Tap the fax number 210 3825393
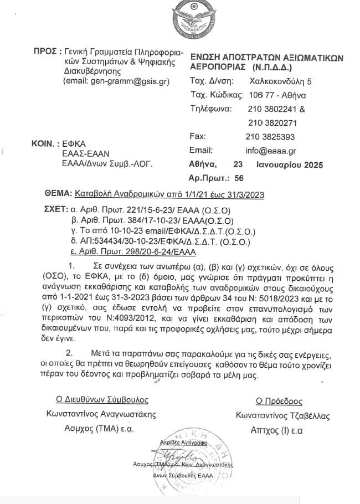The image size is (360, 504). pyautogui.click(x=270, y=136)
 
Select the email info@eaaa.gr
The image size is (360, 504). pyautogui.click(x=271, y=150)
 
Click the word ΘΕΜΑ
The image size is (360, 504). pyautogui.click(x=57, y=194)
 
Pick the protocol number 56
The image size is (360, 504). pyautogui.click(x=239, y=178)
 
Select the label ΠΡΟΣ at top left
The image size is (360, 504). pyautogui.click(x=45, y=51)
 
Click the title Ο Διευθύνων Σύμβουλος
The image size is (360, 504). pyautogui.click(x=101, y=400)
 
